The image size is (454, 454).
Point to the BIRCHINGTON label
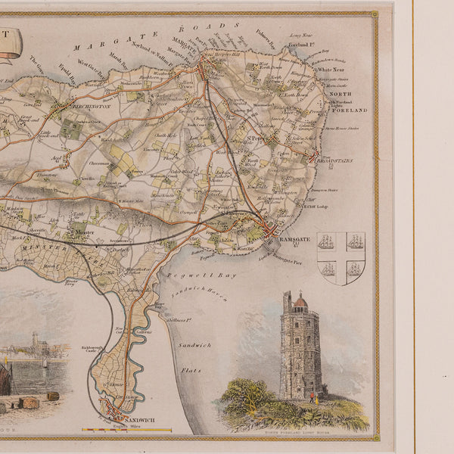tap(92, 107)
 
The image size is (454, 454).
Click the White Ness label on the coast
tap(331, 70)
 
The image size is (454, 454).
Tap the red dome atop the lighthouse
tap(300, 302)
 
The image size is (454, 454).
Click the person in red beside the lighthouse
tap(308, 394)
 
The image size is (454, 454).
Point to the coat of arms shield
tap(340, 258)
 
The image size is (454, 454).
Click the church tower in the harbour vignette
tap(35, 343)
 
